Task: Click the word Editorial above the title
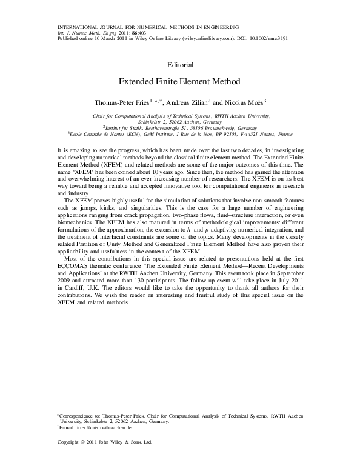point(179,64)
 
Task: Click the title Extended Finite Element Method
point(179,81)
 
